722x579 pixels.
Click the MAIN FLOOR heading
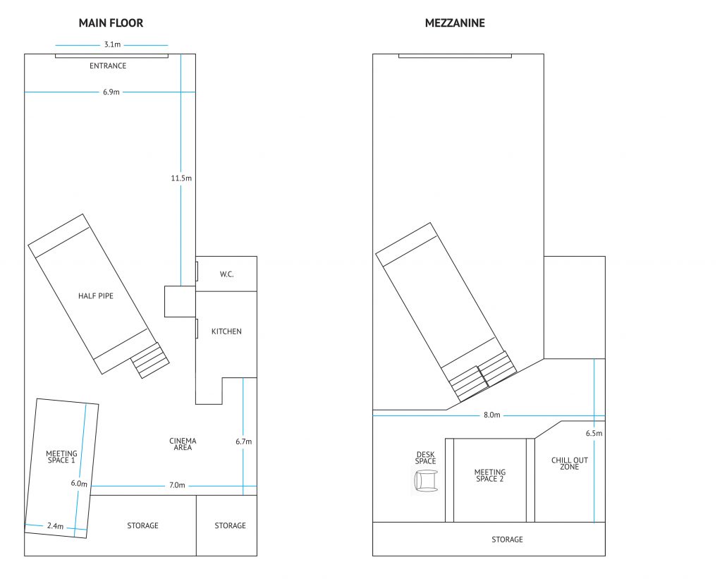point(111,23)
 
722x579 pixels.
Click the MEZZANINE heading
point(455,23)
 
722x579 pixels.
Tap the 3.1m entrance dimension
point(112,44)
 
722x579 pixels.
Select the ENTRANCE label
point(108,66)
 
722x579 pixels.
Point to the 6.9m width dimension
point(111,92)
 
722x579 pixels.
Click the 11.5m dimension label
point(181,178)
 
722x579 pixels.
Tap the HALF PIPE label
point(96,295)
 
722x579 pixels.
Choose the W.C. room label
point(226,274)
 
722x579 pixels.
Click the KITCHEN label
point(226,331)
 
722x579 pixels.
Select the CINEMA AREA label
point(183,444)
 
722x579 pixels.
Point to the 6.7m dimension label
point(243,441)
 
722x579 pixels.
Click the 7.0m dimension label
point(177,485)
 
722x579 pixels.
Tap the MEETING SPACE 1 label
point(62,457)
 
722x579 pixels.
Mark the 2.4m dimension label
point(55,525)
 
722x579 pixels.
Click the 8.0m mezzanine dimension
point(491,415)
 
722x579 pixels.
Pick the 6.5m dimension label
point(594,433)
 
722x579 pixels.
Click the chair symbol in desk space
point(426,480)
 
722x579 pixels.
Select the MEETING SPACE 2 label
point(490,475)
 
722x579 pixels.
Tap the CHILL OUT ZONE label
point(570,463)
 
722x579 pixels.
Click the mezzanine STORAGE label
point(507,540)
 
